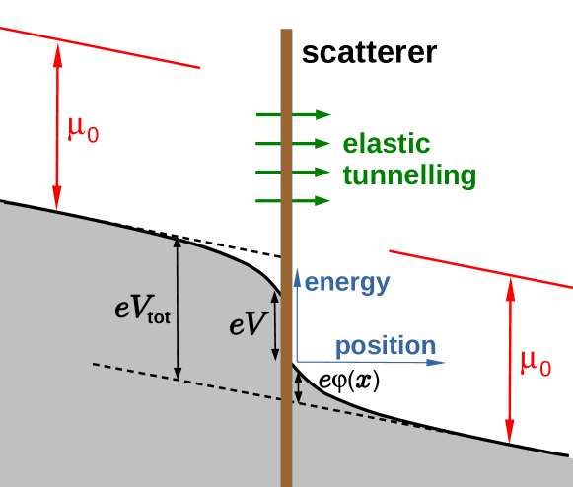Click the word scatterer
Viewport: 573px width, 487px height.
click(x=369, y=52)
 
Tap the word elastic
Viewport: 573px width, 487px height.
click(x=387, y=144)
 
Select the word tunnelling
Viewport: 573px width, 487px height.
click(x=408, y=175)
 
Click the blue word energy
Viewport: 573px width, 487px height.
click(x=347, y=283)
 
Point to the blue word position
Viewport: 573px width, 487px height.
click(x=385, y=346)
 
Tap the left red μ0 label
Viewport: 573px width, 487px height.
click(x=83, y=128)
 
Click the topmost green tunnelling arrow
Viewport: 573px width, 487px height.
click(x=293, y=115)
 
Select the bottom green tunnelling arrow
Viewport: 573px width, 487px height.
click(x=293, y=201)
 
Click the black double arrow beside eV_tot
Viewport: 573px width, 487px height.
click(x=178, y=308)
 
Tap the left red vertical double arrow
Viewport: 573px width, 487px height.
click(x=57, y=126)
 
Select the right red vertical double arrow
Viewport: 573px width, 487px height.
click(x=510, y=361)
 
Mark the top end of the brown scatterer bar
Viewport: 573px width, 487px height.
click(x=286, y=33)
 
